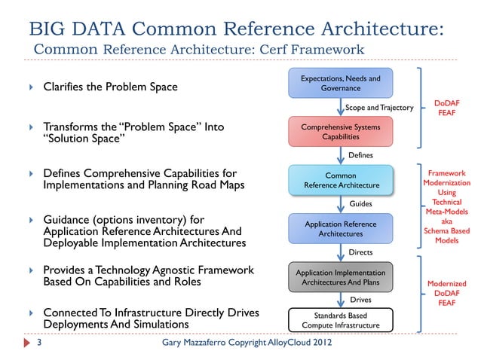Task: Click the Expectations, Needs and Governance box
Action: point(340,83)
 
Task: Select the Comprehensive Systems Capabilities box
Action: point(340,132)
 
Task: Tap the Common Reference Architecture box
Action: point(340,180)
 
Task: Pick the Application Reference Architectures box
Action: point(340,229)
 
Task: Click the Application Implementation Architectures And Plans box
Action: point(340,277)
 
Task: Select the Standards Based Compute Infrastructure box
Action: point(340,320)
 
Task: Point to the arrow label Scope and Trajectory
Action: point(379,108)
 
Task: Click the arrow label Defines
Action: point(361,156)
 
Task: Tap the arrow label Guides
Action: point(360,204)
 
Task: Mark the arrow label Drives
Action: point(360,300)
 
